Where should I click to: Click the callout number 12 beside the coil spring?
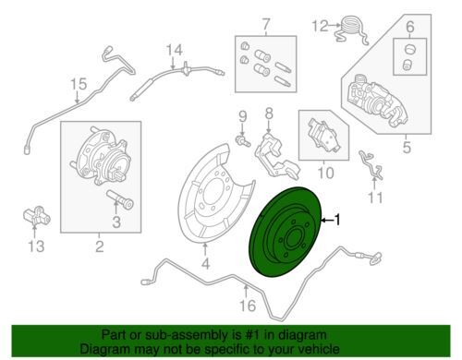point(321,26)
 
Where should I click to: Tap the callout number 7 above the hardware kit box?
point(266,24)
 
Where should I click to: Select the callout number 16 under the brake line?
point(248,306)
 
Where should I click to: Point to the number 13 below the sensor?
point(36,246)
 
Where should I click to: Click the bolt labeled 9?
point(243,140)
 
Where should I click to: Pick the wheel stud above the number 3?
point(120,198)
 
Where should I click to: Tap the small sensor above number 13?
point(36,216)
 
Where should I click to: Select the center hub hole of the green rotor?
point(294,238)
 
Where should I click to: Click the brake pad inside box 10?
point(324,138)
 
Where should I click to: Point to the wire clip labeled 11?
point(371,164)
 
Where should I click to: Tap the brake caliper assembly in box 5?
point(378,101)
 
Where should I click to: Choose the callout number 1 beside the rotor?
point(337,220)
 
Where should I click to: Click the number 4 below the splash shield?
point(206,263)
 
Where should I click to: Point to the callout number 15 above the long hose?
point(79,84)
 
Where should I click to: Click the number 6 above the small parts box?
point(410,27)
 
